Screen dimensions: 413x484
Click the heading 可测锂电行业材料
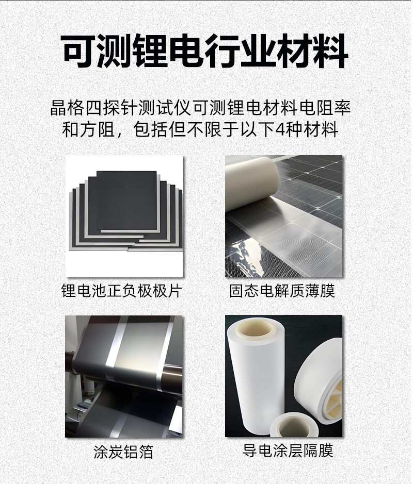[205, 51]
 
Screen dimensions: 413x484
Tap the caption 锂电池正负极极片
[121, 291]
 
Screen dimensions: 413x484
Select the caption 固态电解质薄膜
[282, 291]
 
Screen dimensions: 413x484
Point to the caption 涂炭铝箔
[123, 452]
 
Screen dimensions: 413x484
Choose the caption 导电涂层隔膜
[288, 450]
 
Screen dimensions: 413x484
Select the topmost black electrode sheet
[126, 200]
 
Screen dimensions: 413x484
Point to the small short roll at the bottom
[292, 424]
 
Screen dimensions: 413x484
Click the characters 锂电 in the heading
[150, 51]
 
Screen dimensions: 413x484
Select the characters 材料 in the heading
[313, 51]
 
